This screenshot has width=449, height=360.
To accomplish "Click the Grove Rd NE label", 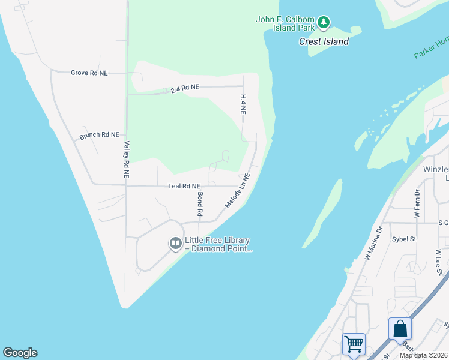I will click(x=89, y=73).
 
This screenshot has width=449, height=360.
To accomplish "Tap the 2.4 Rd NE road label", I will click(x=184, y=88).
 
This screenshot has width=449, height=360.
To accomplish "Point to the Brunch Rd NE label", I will click(x=99, y=136).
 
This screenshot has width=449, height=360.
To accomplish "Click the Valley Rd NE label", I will click(x=127, y=160).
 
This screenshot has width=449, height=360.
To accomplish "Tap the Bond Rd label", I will click(x=200, y=205).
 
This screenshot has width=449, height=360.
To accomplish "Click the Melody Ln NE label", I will click(x=237, y=191).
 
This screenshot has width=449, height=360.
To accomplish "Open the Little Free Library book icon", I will click(x=176, y=243).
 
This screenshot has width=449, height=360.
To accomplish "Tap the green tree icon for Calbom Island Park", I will click(x=324, y=22).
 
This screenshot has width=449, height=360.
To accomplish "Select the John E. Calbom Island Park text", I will click(x=286, y=23).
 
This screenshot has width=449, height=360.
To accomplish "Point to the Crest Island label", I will click(x=324, y=41).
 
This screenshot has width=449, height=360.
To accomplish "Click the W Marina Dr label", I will click(x=373, y=243).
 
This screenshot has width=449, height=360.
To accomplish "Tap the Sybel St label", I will click(x=404, y=238).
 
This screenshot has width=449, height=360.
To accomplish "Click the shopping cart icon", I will click(x=354, y=344).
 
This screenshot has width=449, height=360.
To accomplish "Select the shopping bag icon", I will click(x=400, y=329).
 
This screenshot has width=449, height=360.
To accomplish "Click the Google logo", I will click(x=20, y=353).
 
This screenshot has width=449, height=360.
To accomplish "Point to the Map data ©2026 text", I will click(x=423, y=355).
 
